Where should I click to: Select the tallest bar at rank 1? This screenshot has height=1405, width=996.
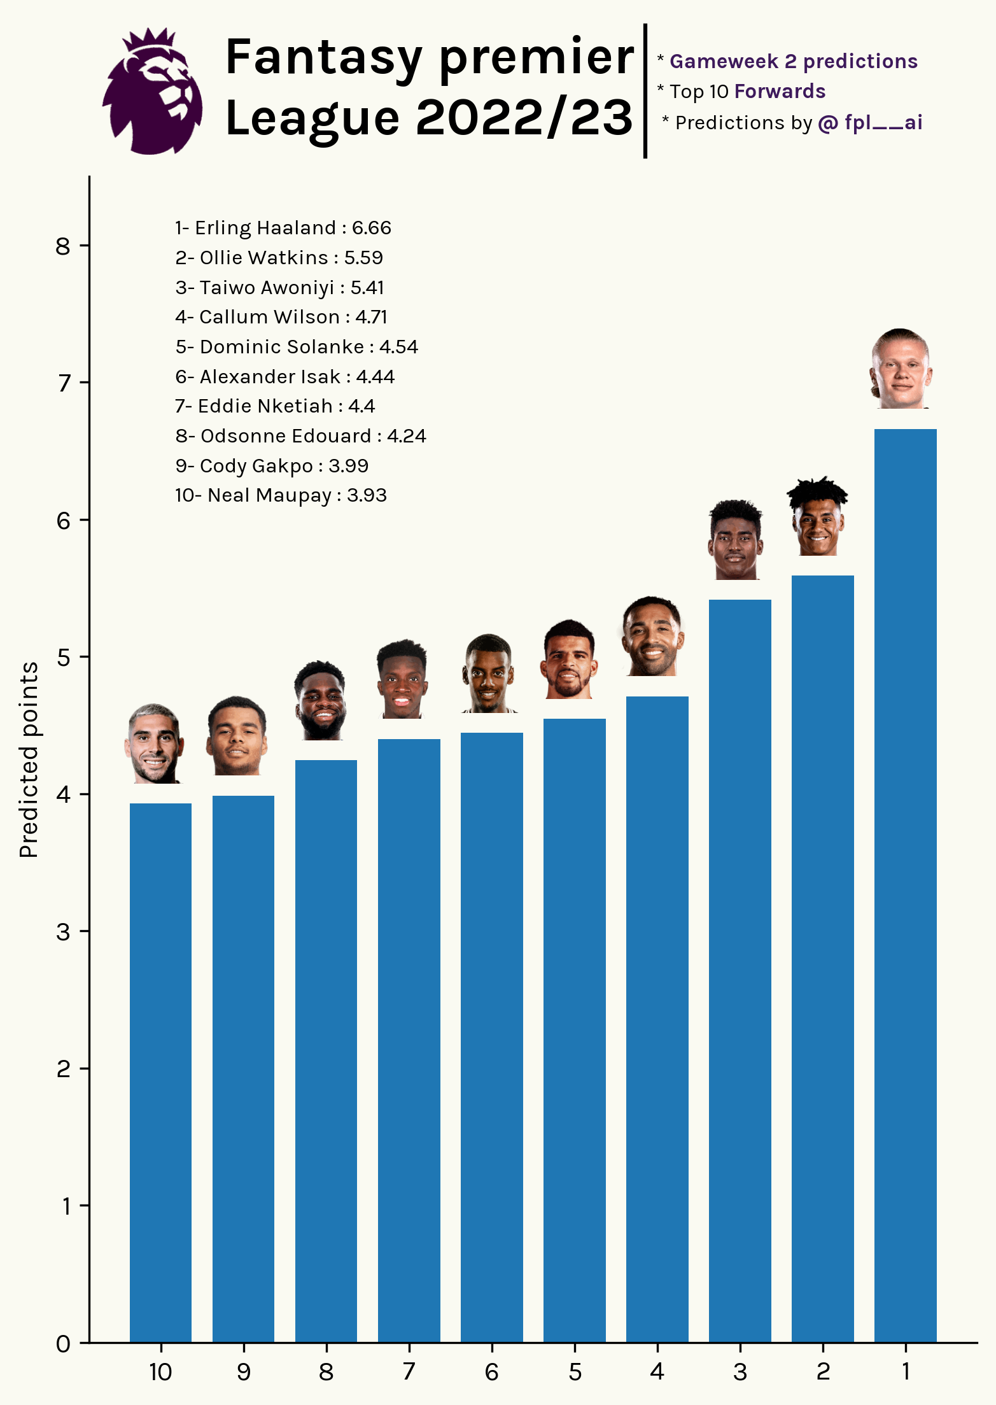coord(905,885)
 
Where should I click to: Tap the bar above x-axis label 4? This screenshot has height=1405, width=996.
coord(657,1019)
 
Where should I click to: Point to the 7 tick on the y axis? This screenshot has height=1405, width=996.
coord(64,383)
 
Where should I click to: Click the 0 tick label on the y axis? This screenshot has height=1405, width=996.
coord(63,1344)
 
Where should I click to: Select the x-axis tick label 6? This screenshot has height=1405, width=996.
coord(491,1372)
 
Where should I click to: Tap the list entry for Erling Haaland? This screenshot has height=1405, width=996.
coord(283,228)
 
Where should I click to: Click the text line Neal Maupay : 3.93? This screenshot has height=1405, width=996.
coord(281,495)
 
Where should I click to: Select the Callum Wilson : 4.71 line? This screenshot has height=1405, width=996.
coord(281,317)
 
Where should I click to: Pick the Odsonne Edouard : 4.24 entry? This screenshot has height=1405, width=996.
coord(300,436)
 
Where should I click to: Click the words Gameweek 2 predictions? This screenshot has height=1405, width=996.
coord(793,61)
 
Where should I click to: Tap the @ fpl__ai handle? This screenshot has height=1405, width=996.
coord(869,122)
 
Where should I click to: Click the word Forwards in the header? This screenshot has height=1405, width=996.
coord(780,92)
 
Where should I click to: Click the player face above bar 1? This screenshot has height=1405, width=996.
coord(901,369)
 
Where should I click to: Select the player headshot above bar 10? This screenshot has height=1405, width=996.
coord(154,744)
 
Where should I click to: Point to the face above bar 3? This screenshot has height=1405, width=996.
coord(735,540)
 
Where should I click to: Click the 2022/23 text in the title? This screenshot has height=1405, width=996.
coord(524,118)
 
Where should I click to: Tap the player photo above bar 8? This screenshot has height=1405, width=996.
coord(320,700)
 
